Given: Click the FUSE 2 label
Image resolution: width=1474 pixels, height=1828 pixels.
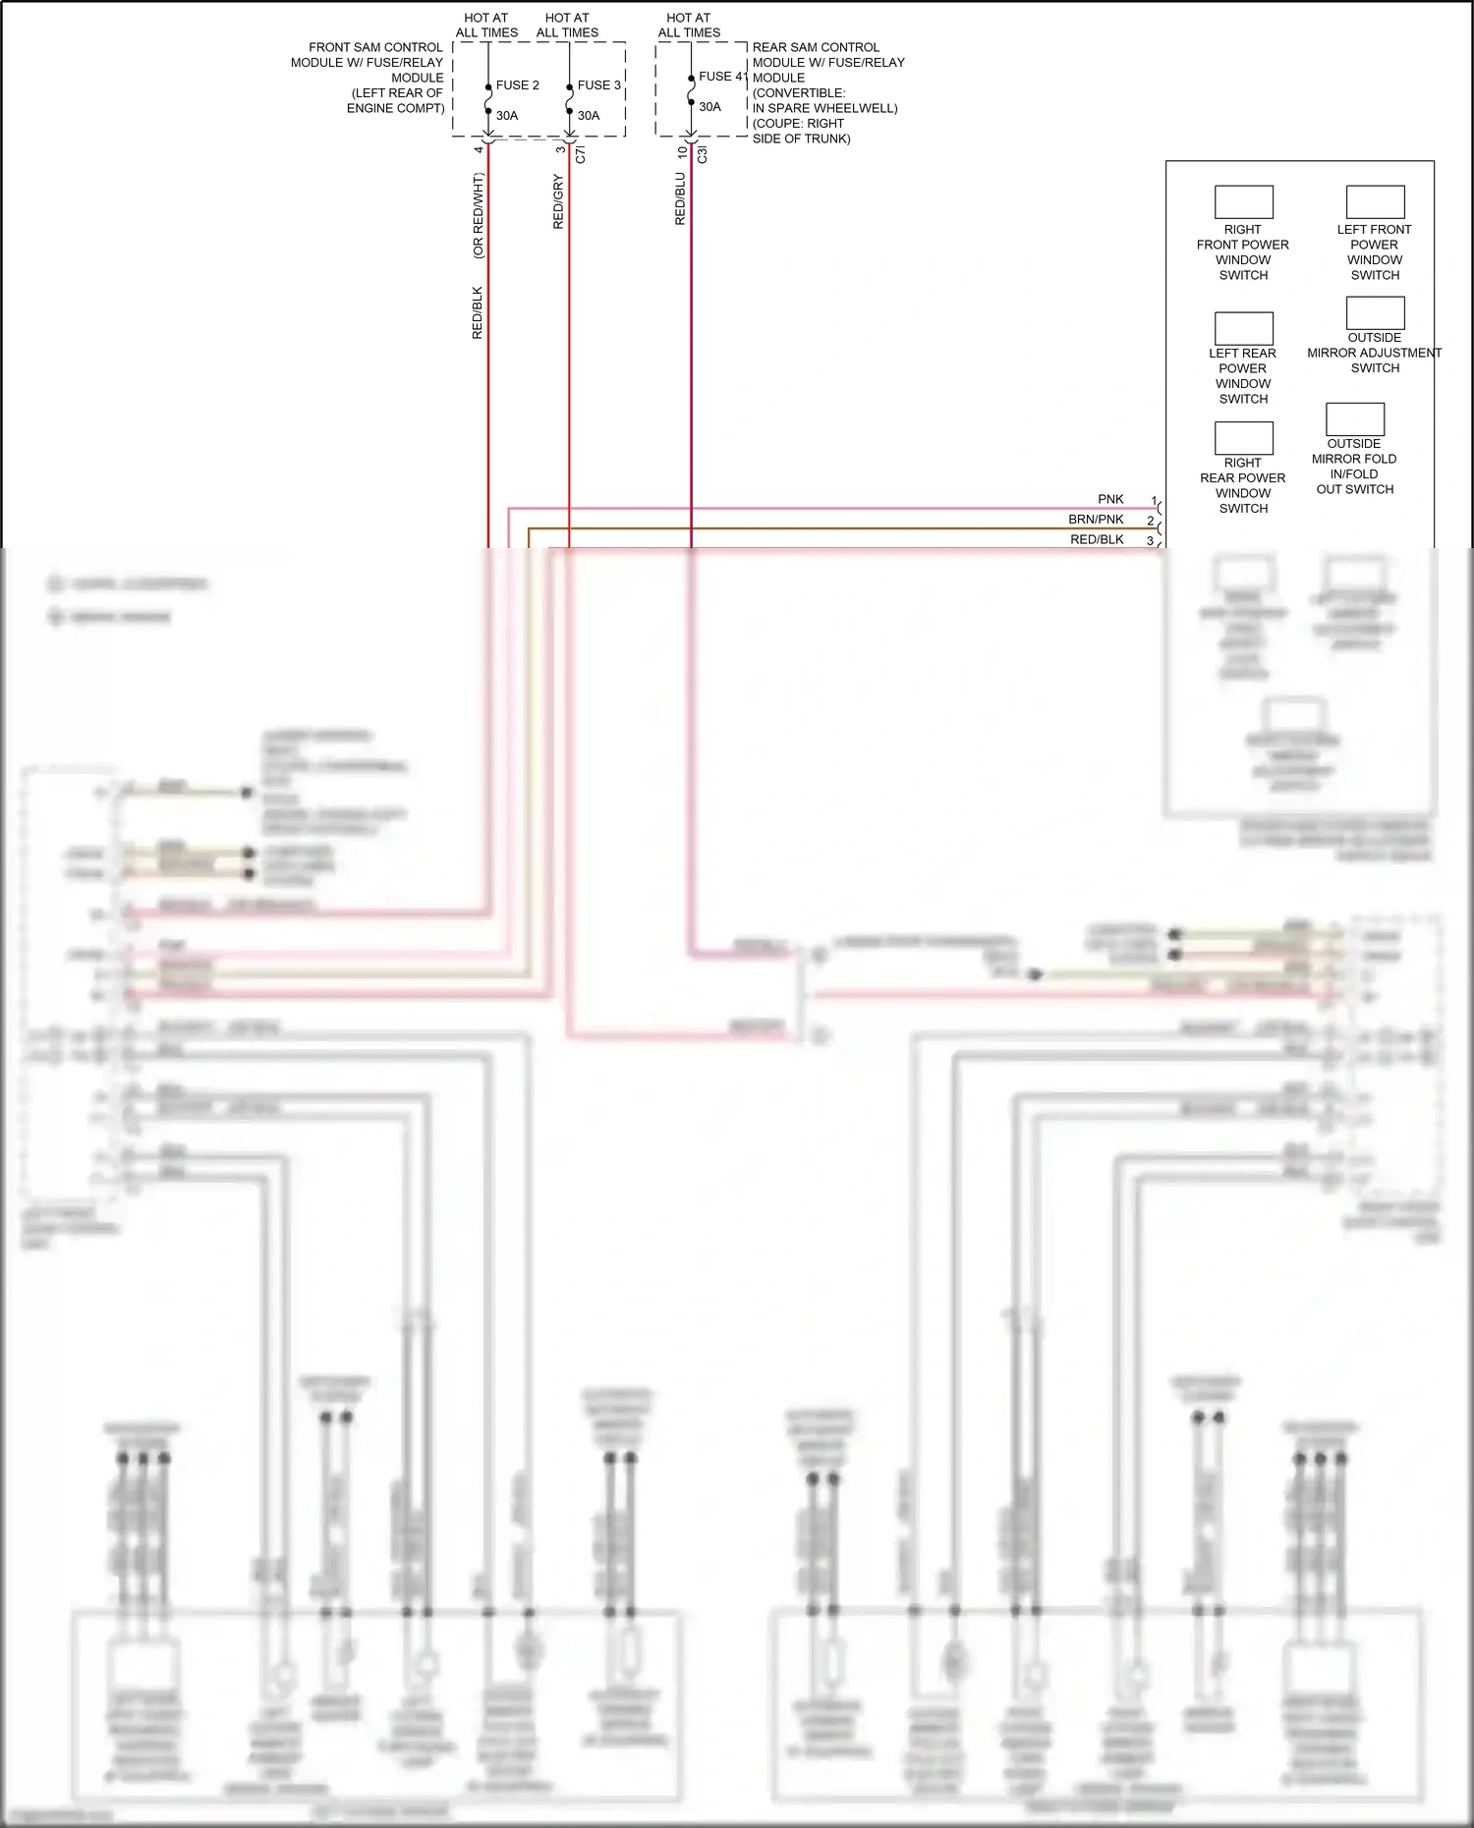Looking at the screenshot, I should [x=517, y=85].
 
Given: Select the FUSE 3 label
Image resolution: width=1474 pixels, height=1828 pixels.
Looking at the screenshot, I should [x=598, y=85].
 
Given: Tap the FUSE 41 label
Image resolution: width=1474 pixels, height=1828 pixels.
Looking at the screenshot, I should [x=722, y=77].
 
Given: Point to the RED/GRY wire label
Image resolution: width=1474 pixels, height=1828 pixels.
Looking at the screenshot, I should [x=558, y=202].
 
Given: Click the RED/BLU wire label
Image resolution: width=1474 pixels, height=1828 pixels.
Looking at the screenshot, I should [x=680, y=199].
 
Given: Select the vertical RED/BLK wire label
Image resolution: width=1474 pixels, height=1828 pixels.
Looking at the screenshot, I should [x=478, y=313].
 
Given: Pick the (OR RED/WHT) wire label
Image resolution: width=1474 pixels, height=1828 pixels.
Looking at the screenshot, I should [x=479, y=216].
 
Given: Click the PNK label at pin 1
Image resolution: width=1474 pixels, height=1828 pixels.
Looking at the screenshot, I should [x=1110, y=500].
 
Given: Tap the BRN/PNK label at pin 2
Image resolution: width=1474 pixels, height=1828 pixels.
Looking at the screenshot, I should [x=1096, y=520].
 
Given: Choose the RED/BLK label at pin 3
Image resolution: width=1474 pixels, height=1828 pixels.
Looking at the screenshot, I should [x=1097, y=539].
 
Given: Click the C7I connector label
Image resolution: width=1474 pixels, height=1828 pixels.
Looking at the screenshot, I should [x=581, y=154].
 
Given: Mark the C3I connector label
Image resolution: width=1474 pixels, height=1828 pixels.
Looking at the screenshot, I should [x=703, y=154].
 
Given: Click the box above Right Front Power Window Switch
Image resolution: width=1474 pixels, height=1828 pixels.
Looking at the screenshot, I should [x=1243, y=202].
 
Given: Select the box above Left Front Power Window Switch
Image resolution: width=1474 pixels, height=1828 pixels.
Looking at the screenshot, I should [x=1375, y=202].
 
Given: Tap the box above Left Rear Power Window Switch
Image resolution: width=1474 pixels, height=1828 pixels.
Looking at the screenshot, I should [x=1243, y=328].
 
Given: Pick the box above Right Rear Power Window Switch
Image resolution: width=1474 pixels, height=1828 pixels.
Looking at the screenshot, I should [x=1243, y=438].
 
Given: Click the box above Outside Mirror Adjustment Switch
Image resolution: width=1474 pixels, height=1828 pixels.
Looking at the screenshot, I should [x=1375, y=312].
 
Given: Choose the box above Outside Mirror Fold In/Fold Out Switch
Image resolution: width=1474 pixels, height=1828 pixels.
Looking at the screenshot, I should [x=1354, y=419].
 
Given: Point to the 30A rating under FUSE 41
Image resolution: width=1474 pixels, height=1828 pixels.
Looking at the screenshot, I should [x=709, y=107].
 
